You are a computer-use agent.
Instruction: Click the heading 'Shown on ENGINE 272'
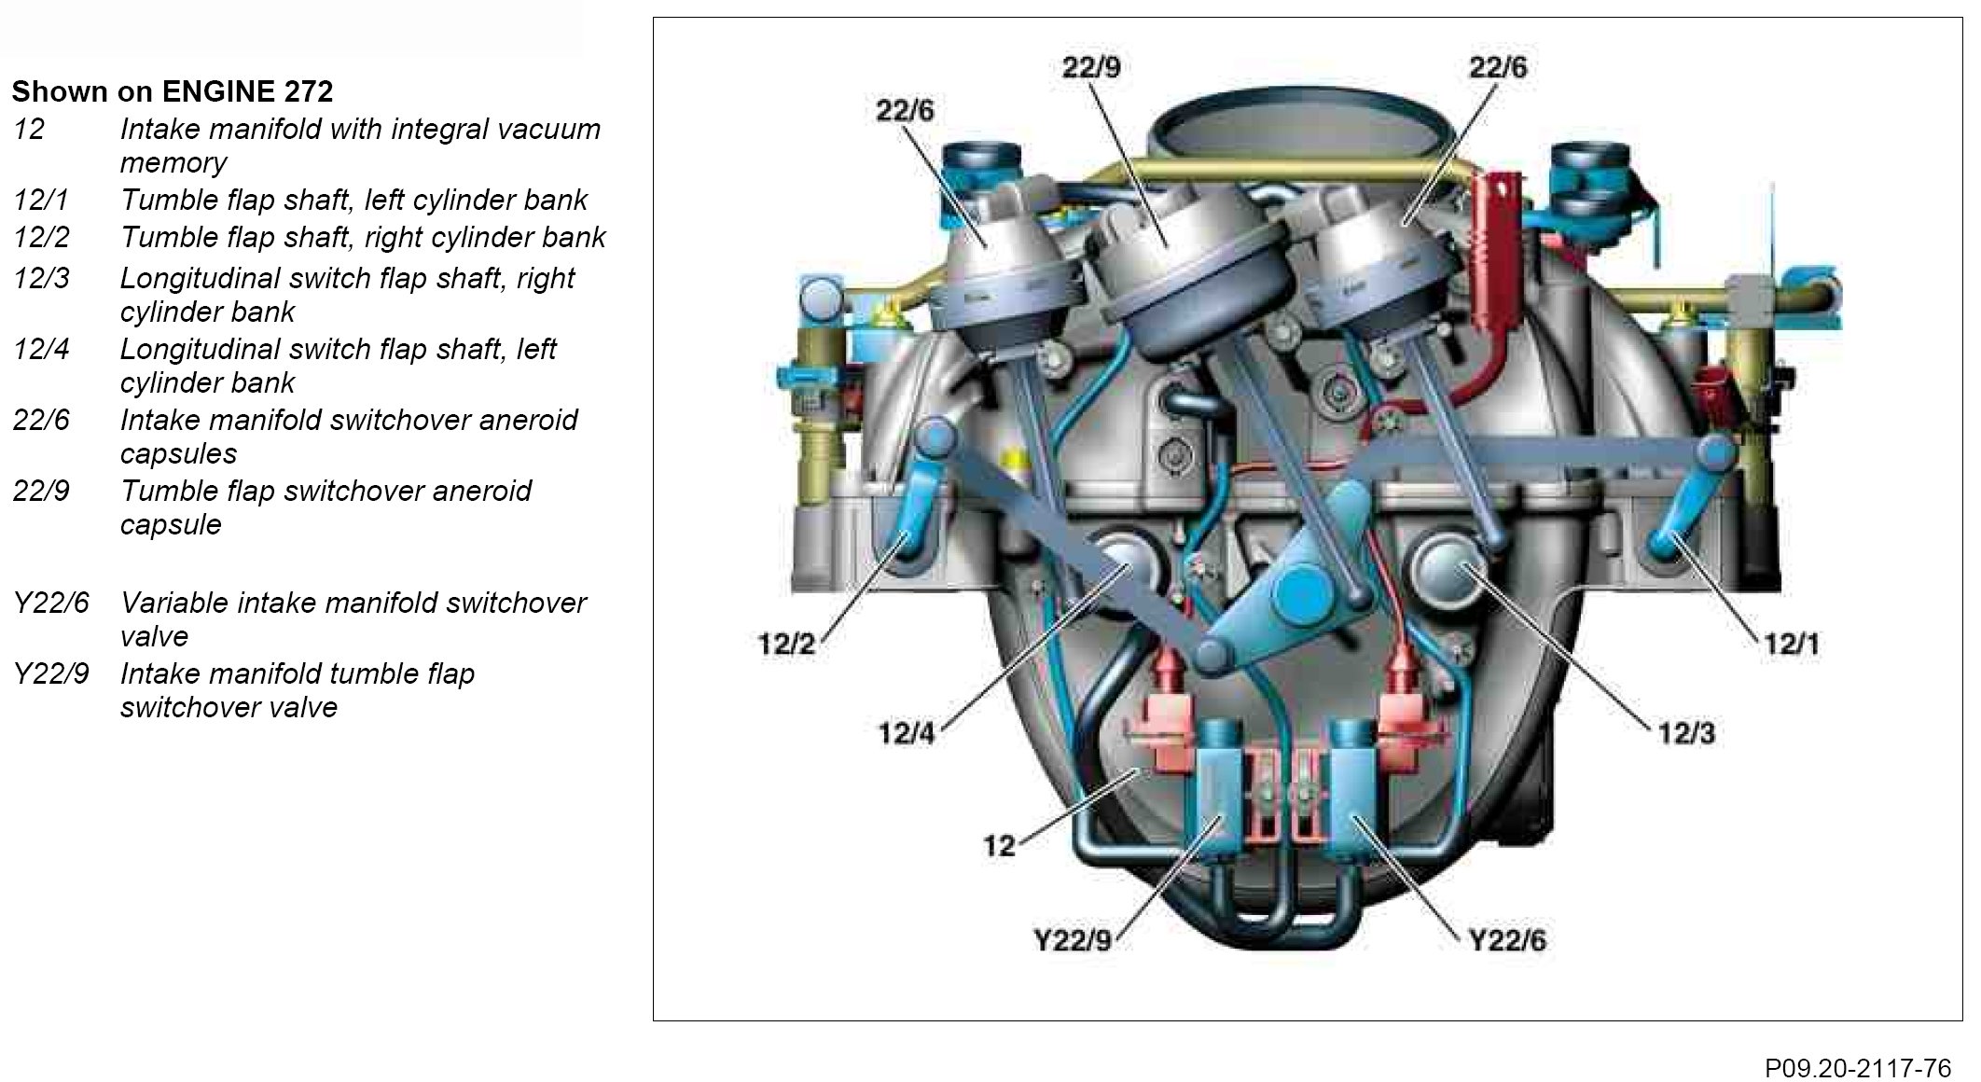172,91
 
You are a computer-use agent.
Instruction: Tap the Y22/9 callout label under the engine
1074,940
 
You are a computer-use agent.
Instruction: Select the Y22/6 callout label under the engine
1507,940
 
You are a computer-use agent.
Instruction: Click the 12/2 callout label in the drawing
786,645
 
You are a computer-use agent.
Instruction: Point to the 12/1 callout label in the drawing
1791,645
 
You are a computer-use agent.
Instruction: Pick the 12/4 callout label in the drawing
906,733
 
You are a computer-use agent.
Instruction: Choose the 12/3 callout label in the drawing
1686,733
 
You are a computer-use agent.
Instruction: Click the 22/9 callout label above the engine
1090,67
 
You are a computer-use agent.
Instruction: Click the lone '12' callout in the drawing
999,846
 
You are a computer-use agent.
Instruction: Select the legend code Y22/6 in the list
51,603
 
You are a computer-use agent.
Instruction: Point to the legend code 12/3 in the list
41,278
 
